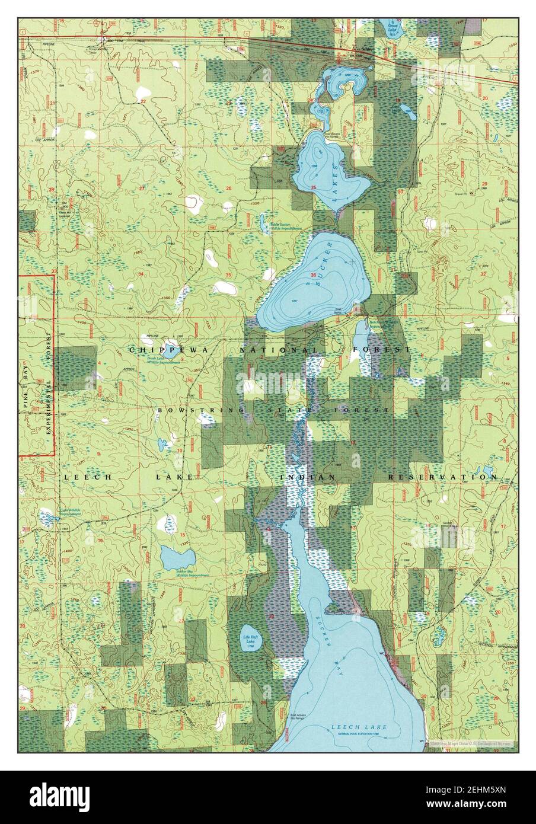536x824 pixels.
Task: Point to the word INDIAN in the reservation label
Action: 308,477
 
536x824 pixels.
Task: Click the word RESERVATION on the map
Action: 442,477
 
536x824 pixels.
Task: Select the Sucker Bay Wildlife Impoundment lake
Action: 177,557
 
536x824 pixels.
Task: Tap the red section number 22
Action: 143,101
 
